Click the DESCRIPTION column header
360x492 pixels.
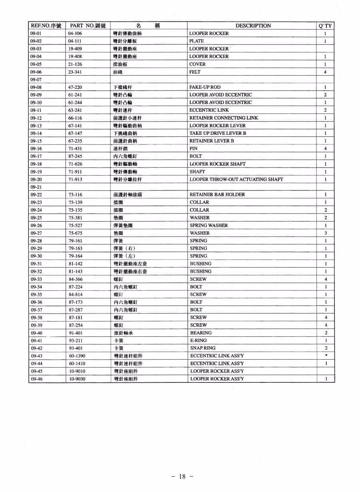coord(253,26)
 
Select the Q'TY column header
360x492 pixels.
coord(326,26)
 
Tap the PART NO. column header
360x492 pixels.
coord(88,26)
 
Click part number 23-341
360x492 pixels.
coord(75,72)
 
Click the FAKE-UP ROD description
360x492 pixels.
coord(205,87)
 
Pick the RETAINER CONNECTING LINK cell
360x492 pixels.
coord(224,118)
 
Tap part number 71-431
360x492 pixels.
coord(75,148)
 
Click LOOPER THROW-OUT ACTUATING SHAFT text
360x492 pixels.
coord(236,179)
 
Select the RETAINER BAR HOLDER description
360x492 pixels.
coord(218,194)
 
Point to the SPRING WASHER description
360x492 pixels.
coord(208,225)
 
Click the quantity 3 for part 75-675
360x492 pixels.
coord(326,233)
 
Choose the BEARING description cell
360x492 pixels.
coord(201,333)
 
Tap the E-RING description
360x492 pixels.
coord(198,340)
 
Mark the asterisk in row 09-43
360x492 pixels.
coord(326,356)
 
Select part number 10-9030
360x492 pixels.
coord(77,379)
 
